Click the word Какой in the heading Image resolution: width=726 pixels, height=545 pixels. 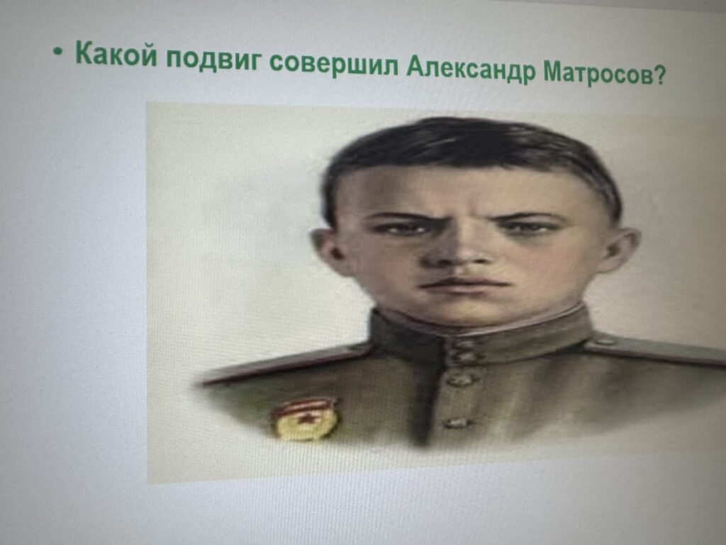tap(116, 54)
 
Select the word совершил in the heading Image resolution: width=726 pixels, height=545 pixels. tap(334, 64)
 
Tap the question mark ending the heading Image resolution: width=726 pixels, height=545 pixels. tap(660, 74)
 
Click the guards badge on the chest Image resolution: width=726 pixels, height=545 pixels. tap(305, 419)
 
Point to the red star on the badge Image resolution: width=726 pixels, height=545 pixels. tap(306, 419)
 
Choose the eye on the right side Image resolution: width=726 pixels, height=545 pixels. tap(529, 228)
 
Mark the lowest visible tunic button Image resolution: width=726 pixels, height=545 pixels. tap(456, 423)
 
